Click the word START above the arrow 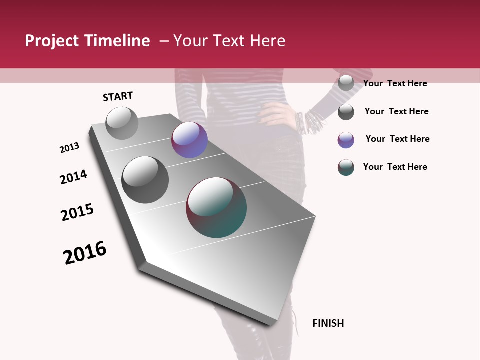(x=118, y=96)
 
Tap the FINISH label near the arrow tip (x=328, y=323)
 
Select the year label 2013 (x=69, y=148)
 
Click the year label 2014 (x=73, y=177)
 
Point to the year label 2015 (x=77, y=212)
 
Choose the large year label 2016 (x=85, y=253)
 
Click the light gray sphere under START (x=122, y=123)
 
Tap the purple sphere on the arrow (x=189, y=140)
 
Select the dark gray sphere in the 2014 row (x=145, y=179)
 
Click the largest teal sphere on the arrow (x=216, y=207)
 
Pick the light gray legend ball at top (x=346, y=83)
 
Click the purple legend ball (x=346, y=140)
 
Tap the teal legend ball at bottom (x=346, y=167)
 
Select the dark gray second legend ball (x=346, y=112)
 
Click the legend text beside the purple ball (x=397, y=139)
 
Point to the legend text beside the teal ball (x=395, y=167)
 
